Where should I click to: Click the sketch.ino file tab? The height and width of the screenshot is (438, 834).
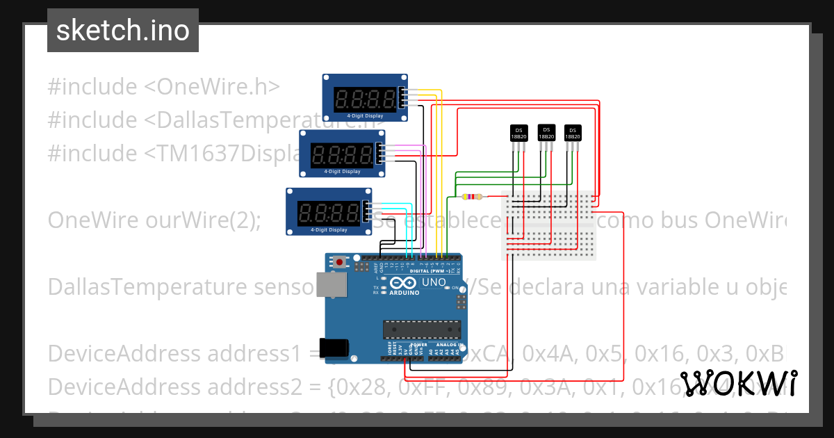coord(123,31)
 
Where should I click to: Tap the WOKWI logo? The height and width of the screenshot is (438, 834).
coord(738,383)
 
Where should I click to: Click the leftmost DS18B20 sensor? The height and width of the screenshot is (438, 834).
coord(518,133)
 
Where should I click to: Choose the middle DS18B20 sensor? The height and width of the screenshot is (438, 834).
coord(546,132)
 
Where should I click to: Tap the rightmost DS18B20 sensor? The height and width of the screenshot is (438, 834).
coord(572,133)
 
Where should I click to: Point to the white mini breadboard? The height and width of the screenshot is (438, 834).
coord(549,226)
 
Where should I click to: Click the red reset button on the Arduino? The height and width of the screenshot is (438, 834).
coord(339,262)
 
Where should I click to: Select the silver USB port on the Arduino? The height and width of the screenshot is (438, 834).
coord(332,284)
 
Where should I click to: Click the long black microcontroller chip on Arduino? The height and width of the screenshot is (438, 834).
coord(421,329)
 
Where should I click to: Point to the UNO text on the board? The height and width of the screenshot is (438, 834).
coord(434,283)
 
